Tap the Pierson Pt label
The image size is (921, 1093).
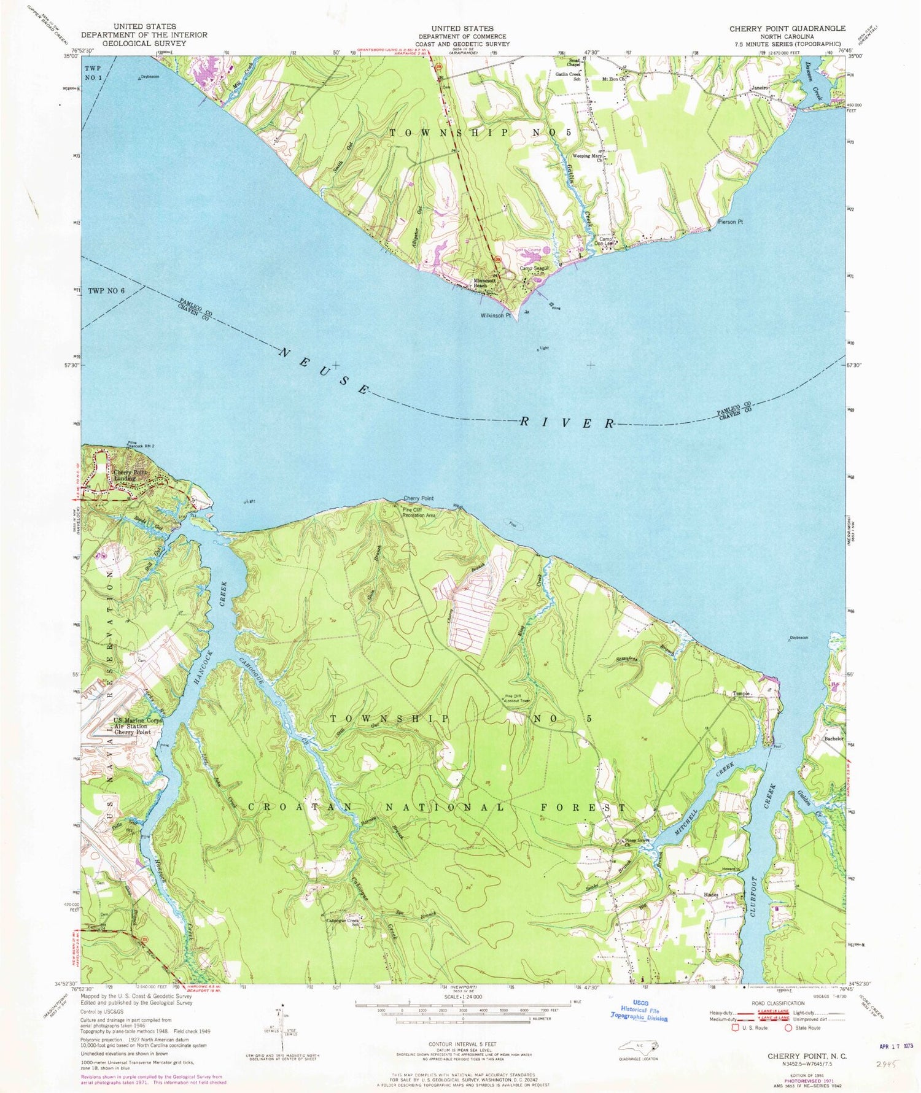[x=730, y=222]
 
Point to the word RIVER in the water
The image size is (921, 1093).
[x=567, y=423]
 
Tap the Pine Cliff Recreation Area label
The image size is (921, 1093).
[x=419, y=512]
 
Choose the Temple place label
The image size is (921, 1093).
[x=742, y=693]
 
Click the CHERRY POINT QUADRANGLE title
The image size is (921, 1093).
[x=787, y=29]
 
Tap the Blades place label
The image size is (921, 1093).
[x=711, y=895]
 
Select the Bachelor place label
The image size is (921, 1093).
[x=834, y=739]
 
